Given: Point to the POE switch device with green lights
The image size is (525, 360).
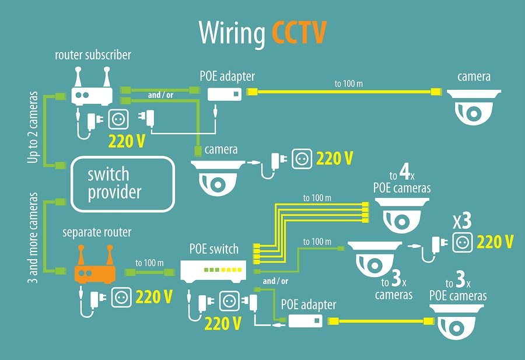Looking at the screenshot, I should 214,270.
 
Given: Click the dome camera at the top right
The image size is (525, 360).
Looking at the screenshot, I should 474,106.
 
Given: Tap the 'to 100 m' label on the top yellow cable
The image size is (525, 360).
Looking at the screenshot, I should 348,84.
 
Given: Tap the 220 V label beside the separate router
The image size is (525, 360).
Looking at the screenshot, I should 154,297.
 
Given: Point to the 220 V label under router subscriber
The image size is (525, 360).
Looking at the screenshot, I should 127,141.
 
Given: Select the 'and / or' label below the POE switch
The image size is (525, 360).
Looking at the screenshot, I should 276,281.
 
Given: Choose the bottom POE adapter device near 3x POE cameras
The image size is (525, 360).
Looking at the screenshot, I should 306,321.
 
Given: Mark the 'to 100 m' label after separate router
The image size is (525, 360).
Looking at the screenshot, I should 149,263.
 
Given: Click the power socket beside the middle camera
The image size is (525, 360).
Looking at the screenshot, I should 302,159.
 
